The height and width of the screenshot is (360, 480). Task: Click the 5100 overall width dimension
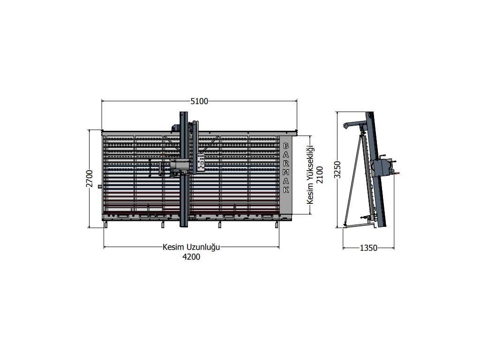[199, 101]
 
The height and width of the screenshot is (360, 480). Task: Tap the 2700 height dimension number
[90, 179]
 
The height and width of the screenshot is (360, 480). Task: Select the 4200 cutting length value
[191, 257]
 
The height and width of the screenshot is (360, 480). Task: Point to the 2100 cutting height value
[320, 174]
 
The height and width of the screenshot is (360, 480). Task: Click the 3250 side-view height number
[337, 170]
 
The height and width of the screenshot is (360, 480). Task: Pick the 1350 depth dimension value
[368, 248]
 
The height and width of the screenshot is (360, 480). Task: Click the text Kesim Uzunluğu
[191, 247]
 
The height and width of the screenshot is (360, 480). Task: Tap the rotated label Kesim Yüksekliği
[310, 175]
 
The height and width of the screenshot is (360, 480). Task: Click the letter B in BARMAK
[286, 146]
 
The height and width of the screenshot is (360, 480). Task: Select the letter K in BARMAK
[286, 190]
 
